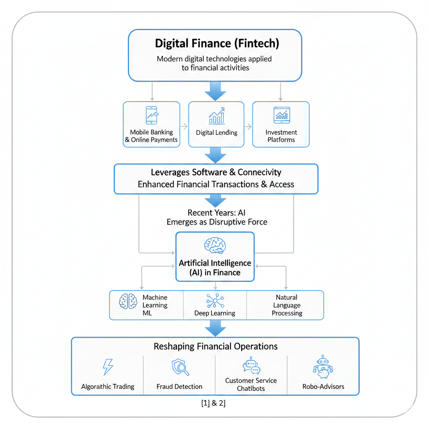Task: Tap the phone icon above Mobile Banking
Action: [x=151, y=115]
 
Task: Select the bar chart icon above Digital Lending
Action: [x=216, y=115]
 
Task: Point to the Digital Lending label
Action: [x=217, y=133]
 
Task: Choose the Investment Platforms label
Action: [x=281, y=136]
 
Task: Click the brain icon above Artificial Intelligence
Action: [x=215, y=246]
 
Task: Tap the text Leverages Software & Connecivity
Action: [x=216, y=172]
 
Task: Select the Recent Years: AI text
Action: [x=217, y=213]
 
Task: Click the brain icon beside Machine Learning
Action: [x=128, y=301]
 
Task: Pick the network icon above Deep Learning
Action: [x=215, y=301]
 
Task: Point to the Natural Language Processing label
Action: [x=287, y=305]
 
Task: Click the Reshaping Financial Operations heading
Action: [x=215, y=346]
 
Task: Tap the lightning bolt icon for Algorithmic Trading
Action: [x=108, y=367]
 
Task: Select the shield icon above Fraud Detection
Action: [x=180, y=367]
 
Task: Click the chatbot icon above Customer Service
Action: [x=251, y=366]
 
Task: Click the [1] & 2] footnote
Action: [x=214, y=404]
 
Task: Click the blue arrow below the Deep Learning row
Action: [x=215, y=328]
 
